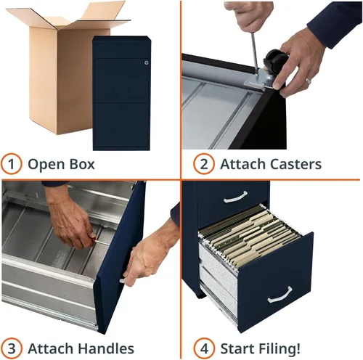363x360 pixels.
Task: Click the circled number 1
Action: (x=12, y=164)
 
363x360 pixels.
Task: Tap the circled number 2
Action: (x=204, y=164)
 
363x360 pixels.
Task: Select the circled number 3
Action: (x=12, y=348)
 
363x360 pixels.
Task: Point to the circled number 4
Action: (x=204, y=348)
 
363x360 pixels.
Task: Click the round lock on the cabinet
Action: (x=146, y=62)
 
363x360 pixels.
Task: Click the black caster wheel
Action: (x=275, y=59)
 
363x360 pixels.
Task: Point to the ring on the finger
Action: (x=308, y=81)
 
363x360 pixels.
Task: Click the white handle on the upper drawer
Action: (x=235, y=197)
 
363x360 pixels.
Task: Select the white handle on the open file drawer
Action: (x=280, y=295)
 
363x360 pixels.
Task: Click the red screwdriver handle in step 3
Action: (x=92, y=239)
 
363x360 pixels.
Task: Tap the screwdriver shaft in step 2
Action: (x=254, y=52)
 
